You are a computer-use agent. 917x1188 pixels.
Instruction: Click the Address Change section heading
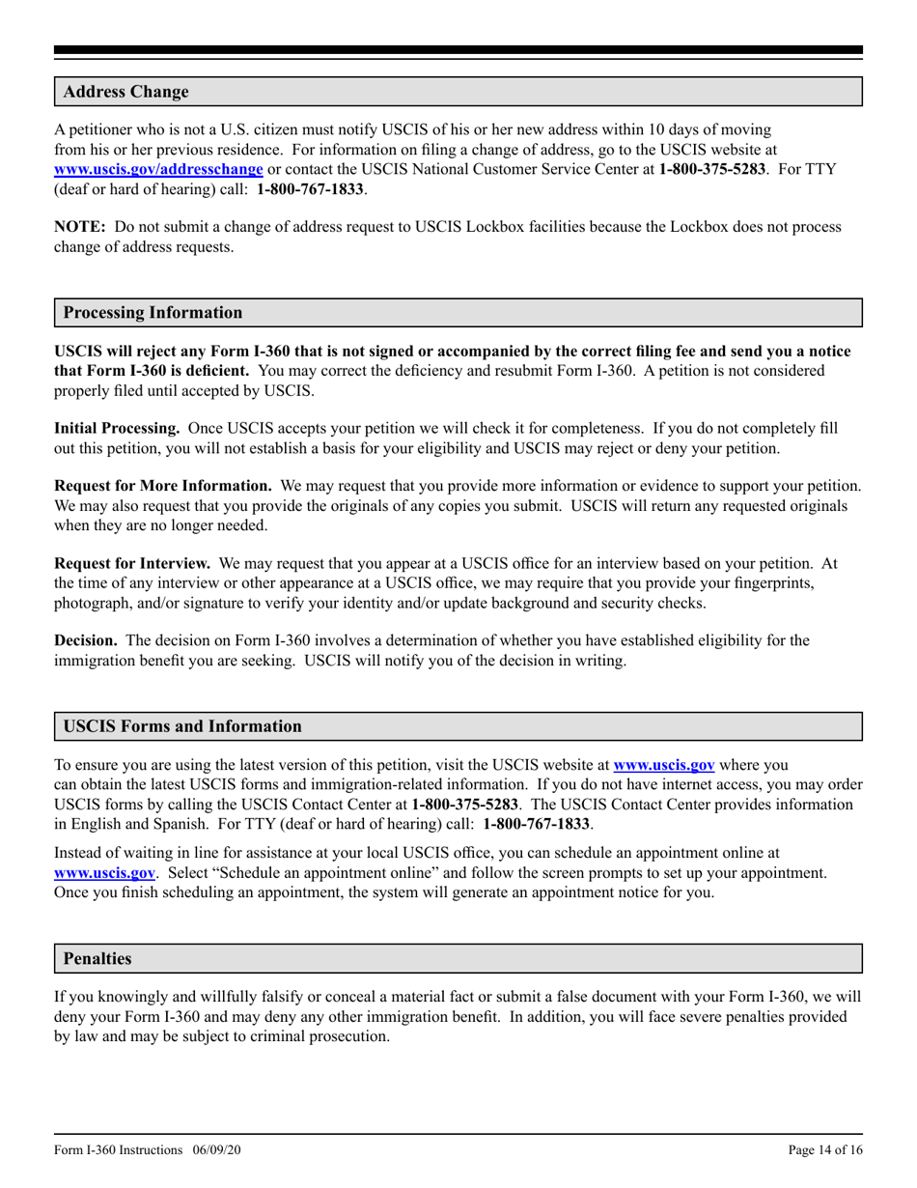[x=125, y=93]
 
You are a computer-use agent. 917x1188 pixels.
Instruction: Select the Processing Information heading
[x=153, y=313]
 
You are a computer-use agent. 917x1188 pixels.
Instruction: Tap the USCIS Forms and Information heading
[x=181, y=726]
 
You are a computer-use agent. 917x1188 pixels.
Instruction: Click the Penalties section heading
[x=97, y=959]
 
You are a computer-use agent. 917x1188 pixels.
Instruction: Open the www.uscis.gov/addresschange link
[x=158, y=169]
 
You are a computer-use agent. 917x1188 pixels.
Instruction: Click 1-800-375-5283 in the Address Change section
[x=712, y=169]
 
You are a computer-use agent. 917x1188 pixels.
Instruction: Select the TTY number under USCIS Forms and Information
[x=537, y=823]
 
